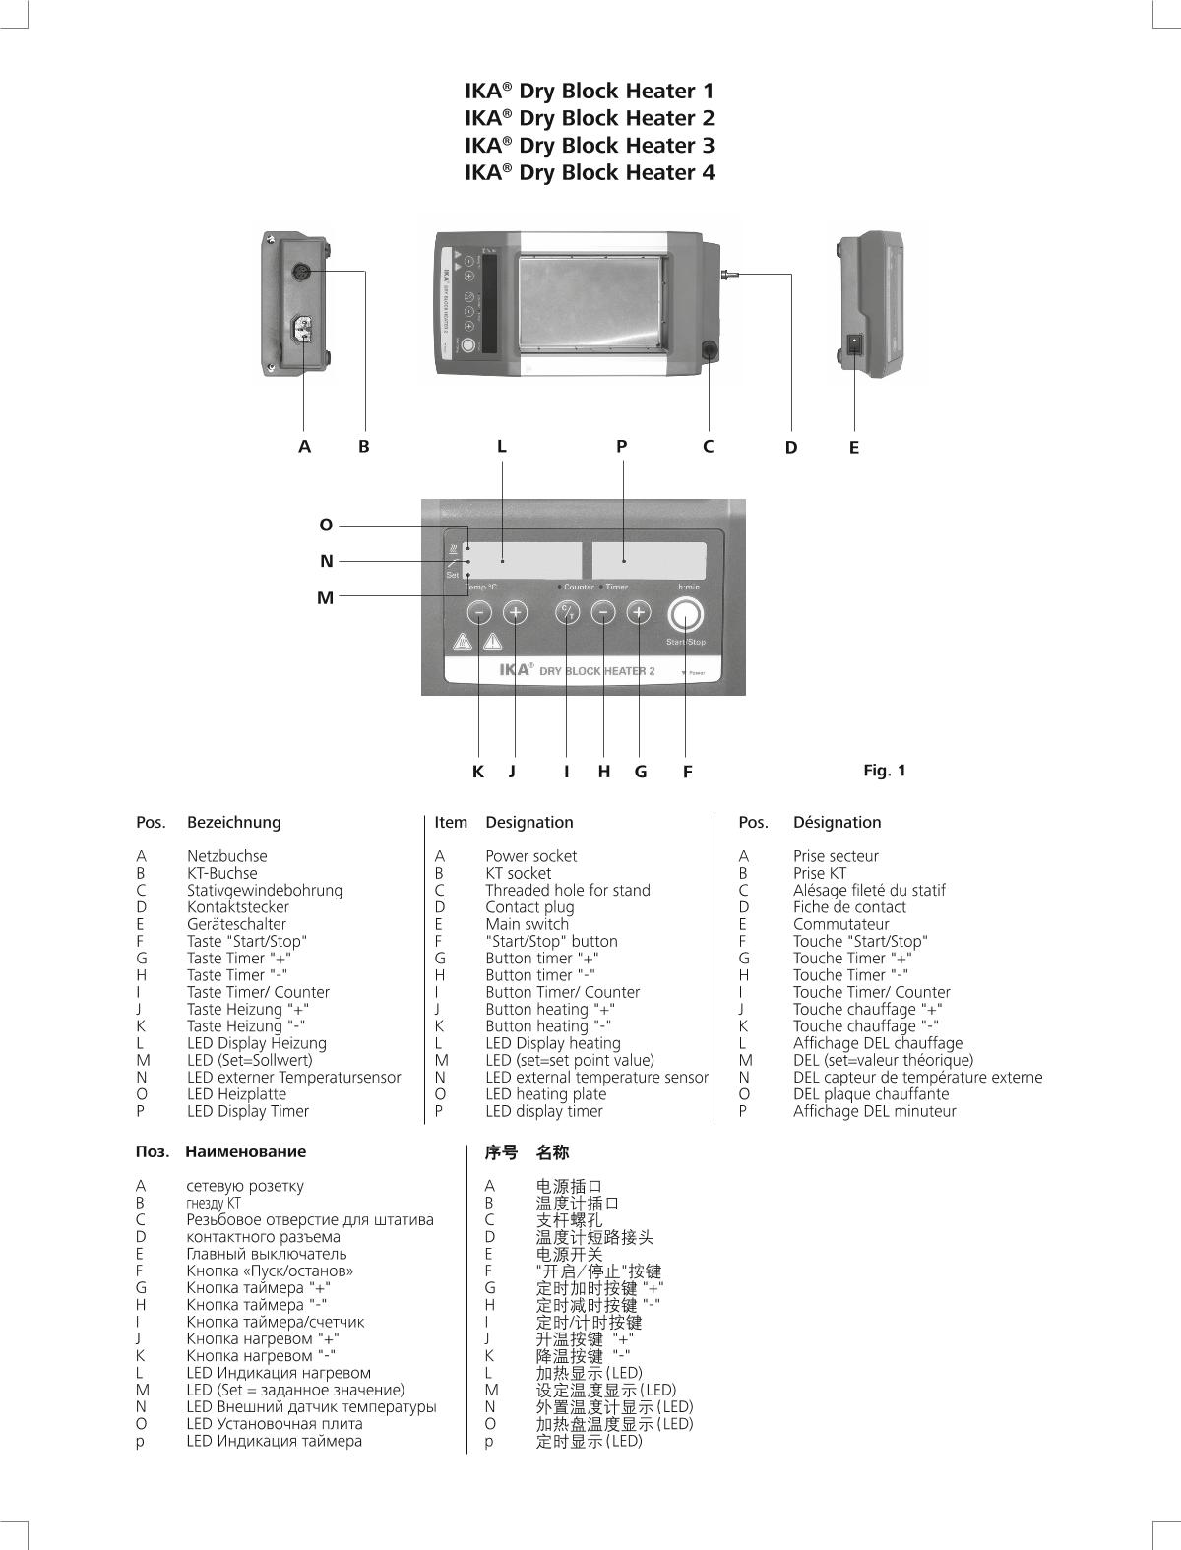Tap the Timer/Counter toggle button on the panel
[567, 613]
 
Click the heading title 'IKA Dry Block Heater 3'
[590, 146]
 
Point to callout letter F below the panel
[687, 772]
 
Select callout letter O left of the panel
[326, 525]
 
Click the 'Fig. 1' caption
[884, 770]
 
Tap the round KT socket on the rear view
[303, 272]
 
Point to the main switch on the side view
[855, 345]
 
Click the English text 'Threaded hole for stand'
[567, 890]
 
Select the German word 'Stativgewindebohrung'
[265, 890]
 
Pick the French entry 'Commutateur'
[840, 924]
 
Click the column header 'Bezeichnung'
[233, 822]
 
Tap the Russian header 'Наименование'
[245, 1151]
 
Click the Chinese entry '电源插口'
[569, 1186]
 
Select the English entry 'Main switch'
[527, 924]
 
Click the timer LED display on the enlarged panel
[649, 560]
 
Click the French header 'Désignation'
[837, 822]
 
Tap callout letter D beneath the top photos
[791, 448]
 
